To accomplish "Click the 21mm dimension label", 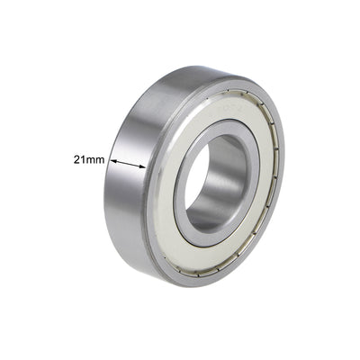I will click(88, 158).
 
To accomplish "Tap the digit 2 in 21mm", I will click(76, 158).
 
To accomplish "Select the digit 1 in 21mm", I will click(83, 158).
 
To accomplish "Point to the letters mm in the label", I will click(95, 158).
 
